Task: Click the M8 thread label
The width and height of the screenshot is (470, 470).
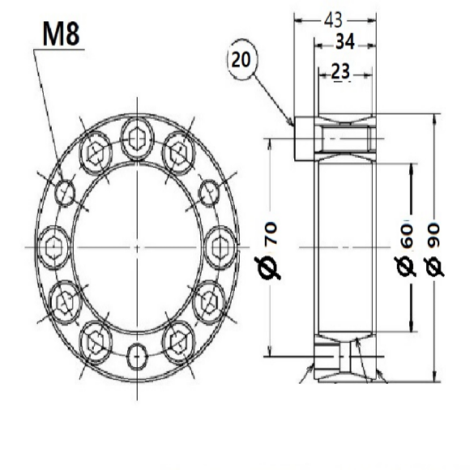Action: coord(62,33)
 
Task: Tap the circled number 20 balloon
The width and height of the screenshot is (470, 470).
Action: coord(241,59)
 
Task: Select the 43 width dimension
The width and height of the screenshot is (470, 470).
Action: coord(333,20)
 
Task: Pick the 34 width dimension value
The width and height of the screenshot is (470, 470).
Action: coord(345,42)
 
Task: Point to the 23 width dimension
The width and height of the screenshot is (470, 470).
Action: coord(340,72)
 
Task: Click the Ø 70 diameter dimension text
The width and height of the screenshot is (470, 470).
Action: coord(267,250)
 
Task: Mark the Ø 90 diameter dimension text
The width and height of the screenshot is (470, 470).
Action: coord(434,249)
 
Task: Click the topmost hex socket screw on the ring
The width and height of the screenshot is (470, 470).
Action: coord(137,139)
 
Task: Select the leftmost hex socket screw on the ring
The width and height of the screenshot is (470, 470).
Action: coord(54,248)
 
